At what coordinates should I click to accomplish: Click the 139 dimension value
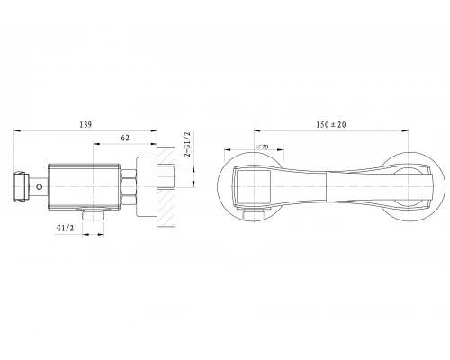point(85,124)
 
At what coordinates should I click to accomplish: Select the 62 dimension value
point(125,138)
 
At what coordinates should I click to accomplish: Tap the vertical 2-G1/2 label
point(187,144)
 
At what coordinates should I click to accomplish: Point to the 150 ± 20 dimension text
point(331,124)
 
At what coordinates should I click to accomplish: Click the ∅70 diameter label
point(262,147)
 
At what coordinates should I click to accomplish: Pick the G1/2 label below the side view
point(65,229)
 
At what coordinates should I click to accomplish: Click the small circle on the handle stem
point(40,187)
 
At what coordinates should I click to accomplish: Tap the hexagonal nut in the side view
point(129,187)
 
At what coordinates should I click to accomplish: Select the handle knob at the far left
point(21,186)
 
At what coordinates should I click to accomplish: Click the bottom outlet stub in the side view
point(94,215)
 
